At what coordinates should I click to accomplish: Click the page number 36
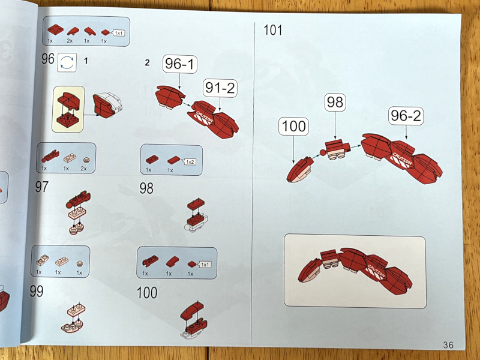pyautogui.click(x=448, y=345)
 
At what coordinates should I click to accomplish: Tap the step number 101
pyautogui.click(x=273, y=31)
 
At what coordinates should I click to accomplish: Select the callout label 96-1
pyautogui.click(x=179, y=64)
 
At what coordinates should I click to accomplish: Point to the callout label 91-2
pyautogui.click(x=220, y=88)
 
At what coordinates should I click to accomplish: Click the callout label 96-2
pyautogui.click(x=406, y=116)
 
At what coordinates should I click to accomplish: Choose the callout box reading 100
pyautogui.click(x=293, y=126)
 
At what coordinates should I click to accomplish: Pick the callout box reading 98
pyautogui.click(x=335, y=102)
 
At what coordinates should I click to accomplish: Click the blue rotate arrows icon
pyautogui.click(x=67, y=62)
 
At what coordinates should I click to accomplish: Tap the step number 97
pyautogui.click(x=41, y=187)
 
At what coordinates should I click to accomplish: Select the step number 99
pyautogui.click(x=37, y=291)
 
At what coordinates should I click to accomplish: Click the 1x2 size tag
pyautogui.click(x=189, y=161)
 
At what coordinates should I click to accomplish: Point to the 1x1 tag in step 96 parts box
pyautogui.click(x=118, y=33)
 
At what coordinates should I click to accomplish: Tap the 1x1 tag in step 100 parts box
pyautogui.click(x=204, y=265)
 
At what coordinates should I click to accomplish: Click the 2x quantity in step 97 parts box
pyautogui.click(x=83, y=169)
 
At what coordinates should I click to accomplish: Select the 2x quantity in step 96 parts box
pyautogui.click(x=70, y=41)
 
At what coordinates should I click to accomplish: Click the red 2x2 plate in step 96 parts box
pyautogui.click(x=55, y=29)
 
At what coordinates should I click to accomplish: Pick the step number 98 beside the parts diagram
pyautogui.click(x=146, y=188)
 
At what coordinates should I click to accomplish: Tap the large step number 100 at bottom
pyautogui.click(x=147, y=293)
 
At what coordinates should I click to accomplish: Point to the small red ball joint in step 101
pyautogui.click(x=323, y=152)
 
